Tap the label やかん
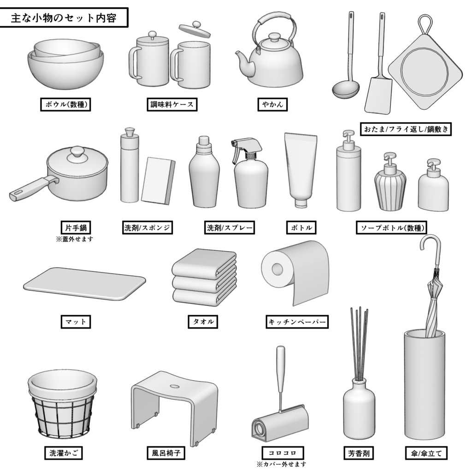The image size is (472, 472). (272, 105)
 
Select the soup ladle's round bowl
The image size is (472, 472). (346, 89)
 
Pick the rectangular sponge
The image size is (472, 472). (158, 180)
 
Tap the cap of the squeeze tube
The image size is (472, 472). (301, 203)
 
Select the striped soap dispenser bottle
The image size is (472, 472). (390, 189)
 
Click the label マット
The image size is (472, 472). (76, 321)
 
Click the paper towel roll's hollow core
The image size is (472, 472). (277, 268)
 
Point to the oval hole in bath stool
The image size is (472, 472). (175, 385)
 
